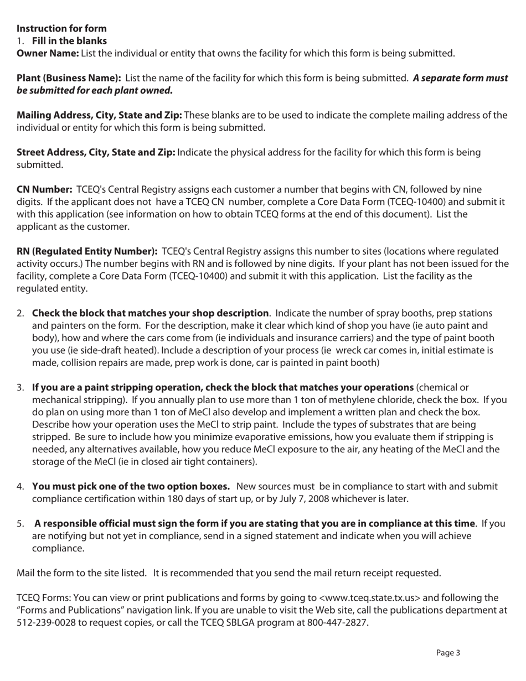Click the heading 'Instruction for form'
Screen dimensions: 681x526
tap(61, 28)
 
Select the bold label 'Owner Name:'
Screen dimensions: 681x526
tap(48, 53)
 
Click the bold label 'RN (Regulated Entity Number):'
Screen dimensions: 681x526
tap(87, 251)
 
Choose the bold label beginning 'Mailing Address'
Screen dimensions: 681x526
tap(99, 115)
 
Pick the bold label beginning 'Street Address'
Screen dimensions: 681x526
tap(96, 152)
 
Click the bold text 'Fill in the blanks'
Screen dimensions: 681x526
tap(69, 41)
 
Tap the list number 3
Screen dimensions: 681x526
tap(20, 387)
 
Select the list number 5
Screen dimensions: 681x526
tap(20, 523)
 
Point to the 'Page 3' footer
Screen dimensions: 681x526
tap(448, 653)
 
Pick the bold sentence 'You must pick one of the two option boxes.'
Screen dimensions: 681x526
tap(131, 487)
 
